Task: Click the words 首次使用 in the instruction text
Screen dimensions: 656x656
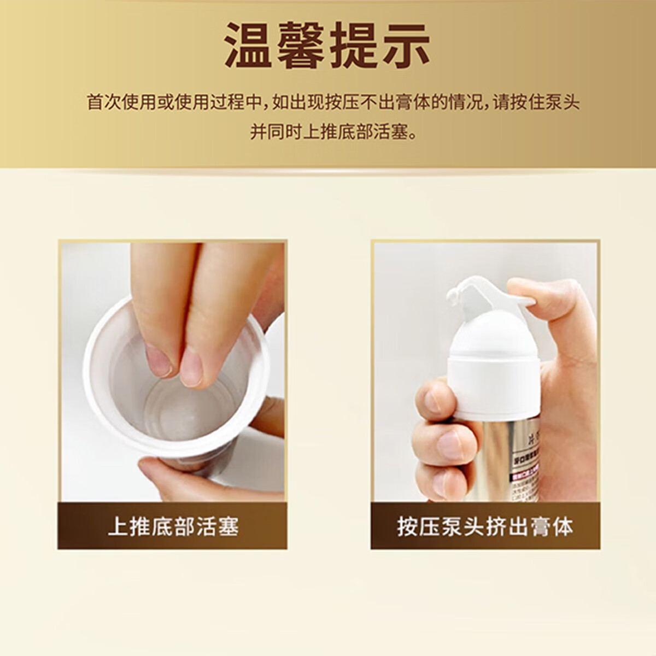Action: pyautogui.click(x=122, y=102)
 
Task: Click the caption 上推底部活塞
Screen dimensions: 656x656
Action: pyautogui.click(x=173, y=526)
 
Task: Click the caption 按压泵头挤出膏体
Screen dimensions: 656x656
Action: pyautogui.click(x=485, y=526)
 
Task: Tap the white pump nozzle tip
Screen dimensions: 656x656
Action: pyautogui.click(x=454, y=296)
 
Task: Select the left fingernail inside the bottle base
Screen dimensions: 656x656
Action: pyautogui.click(x=160, y=360)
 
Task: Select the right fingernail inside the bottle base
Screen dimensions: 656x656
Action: pyautogui.click(x=191, y=370)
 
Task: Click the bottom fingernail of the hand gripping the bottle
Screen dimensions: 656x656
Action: pyautogui.click(x=437, y=484)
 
